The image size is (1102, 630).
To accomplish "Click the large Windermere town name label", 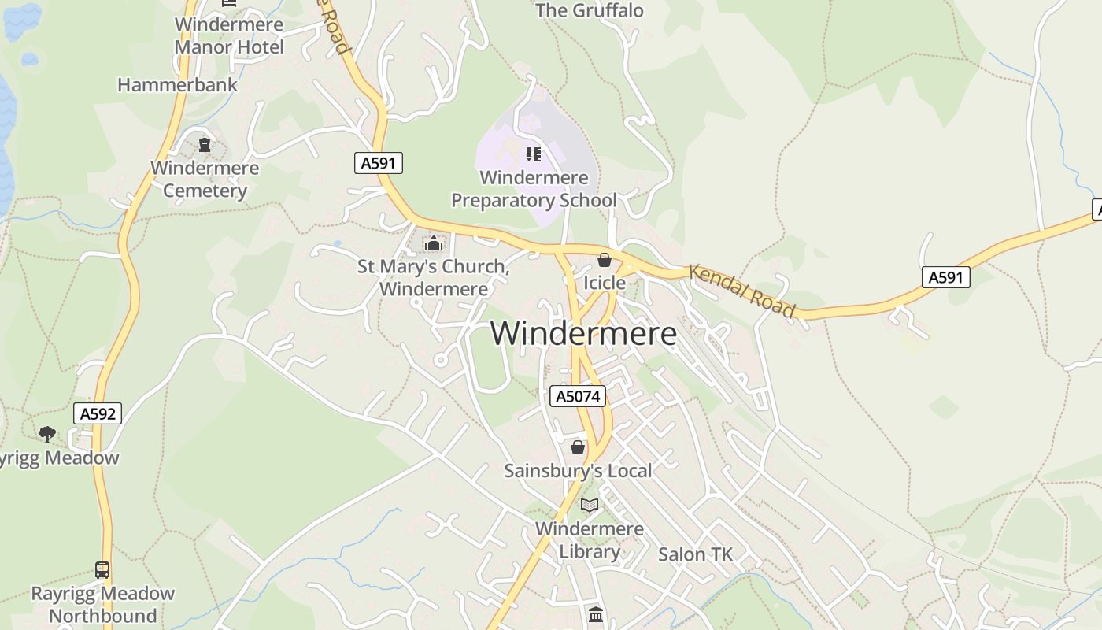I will point(583,333).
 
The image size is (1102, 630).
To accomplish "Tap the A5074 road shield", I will point(578,396).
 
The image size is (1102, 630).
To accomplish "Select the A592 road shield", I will point(98,413).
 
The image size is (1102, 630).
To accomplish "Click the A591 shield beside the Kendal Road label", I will point(946,276).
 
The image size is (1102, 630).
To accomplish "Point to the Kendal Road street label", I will point(742,291).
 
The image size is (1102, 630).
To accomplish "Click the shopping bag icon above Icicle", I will point(605,260).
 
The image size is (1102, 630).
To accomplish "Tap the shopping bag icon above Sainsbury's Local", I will point(578,447).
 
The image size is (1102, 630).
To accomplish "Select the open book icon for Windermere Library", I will point(590,505).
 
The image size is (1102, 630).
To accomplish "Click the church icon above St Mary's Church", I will point(432,243).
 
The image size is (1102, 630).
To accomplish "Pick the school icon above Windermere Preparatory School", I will point(534,154).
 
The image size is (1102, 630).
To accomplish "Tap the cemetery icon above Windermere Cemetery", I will point(205,145).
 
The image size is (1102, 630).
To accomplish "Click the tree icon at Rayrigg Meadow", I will point(47,434).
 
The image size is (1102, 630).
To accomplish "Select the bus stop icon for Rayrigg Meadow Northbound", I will point(102,569).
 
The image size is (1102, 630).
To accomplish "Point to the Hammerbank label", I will point(177,85).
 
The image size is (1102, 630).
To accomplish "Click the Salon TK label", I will point(695,554).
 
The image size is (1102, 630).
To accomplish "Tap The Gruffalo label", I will point(590,10).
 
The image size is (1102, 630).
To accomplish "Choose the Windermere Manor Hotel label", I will point(229,35).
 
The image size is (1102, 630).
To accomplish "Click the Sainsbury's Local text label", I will point(578,471).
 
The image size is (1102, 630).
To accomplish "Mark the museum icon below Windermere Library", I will point(596,614).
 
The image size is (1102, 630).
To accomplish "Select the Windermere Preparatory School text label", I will point(534,189).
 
